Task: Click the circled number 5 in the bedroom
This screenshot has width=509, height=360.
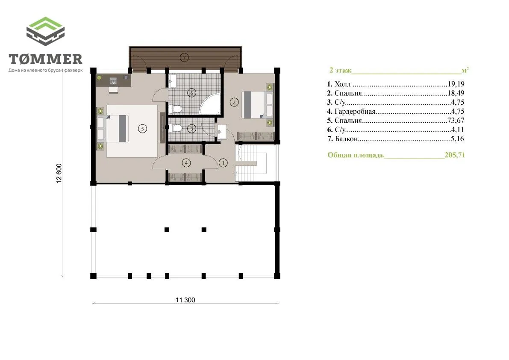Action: click(x=142, y=129)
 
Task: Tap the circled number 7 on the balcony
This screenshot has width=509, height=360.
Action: click(x=184, y=58)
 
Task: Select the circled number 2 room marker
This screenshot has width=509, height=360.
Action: click(x=234, y=102)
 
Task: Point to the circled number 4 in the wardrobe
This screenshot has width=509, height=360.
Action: click(x=186, y=163)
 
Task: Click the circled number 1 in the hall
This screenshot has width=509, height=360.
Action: click(x=223, y=163)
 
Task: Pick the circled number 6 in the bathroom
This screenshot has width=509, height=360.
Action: click(x=191, y=93)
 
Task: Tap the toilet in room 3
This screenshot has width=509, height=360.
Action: click(x=175, y=129)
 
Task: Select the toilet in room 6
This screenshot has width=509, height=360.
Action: click(x=175, y=109)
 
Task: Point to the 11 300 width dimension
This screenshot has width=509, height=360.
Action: click(x=185, y=300)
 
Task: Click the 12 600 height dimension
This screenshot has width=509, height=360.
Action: click(x=59, y=174)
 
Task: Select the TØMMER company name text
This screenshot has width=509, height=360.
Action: click(x=45, y=59)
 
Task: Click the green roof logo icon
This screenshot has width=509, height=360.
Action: click(x=45, y=31)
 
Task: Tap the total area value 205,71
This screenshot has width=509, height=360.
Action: click(x=454, y=155)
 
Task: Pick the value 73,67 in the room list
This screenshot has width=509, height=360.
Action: click(x=456, y=121)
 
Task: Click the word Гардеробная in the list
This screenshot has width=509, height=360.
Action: click(x=355, y=111)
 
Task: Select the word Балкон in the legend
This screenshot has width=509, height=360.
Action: click(x=346, y=139)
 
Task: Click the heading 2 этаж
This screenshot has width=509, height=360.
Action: click(x=340, y=70)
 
